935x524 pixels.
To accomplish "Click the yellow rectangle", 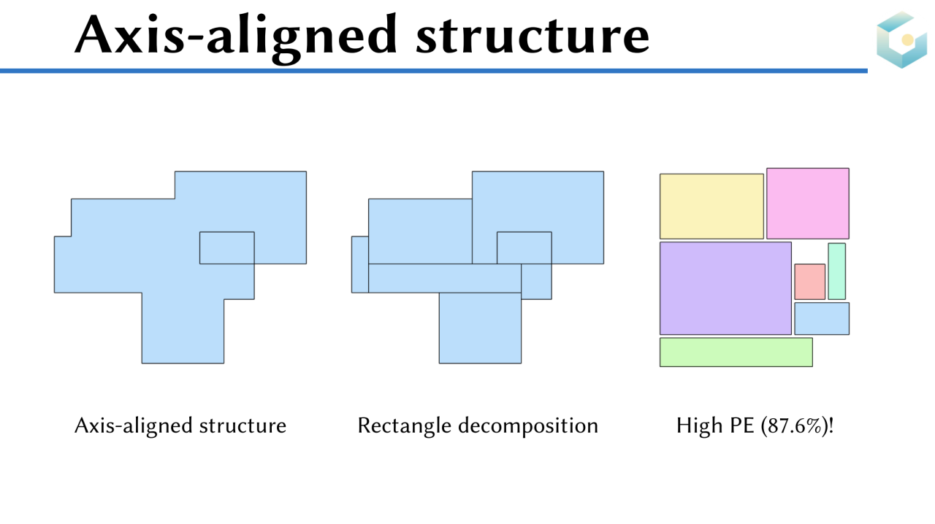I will (711, 206).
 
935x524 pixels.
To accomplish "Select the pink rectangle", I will (807, 203).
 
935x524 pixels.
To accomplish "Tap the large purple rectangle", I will (725, 288).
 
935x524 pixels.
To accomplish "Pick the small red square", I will (809, 282).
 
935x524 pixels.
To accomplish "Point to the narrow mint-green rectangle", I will (836, 271).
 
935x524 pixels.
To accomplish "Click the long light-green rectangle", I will (736, 352).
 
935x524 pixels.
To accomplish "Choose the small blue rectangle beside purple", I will (822, 318).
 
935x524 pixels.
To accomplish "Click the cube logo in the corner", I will (901, 40).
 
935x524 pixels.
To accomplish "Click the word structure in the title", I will (533, 34).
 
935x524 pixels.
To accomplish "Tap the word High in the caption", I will (698, 425).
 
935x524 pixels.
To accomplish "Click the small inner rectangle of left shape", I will (226, 247).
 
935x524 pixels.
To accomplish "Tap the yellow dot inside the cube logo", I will (907, 39).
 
